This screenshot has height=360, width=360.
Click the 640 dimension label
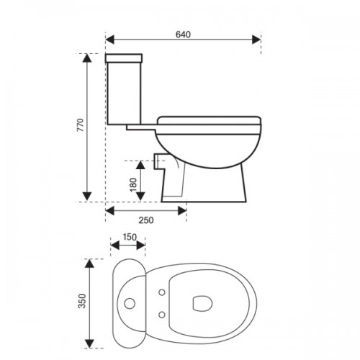pyautogui.click(x=183, y=35)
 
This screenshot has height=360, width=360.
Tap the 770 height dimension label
pyautogui.click(x=81, y=125)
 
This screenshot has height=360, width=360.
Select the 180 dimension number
pyautogui.click(x=133, y=184)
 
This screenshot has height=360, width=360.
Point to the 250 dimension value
pyautogui.click(x=146, y=220)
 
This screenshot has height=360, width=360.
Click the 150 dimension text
pyautogui.click(x=130, y=237)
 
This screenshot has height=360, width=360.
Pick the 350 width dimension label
pyautogui.click(x=82, y=301)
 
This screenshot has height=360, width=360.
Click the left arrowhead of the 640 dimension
pyautogui.click(x=110, y=40)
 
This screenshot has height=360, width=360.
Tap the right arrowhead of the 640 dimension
pyautogui.click(x=256, y=40)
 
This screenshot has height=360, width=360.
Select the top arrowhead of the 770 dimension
pyautogui.click(x=87, y=58)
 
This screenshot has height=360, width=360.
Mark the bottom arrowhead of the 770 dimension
pyautogui.click(x=87, y=196)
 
